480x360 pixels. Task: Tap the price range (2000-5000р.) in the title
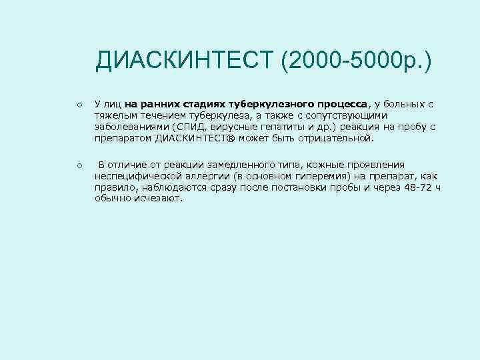click(356, 63)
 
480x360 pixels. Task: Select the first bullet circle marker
click(79, 105)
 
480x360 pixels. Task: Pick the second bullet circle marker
click(79, 165)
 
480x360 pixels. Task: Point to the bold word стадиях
click(205, 105)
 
